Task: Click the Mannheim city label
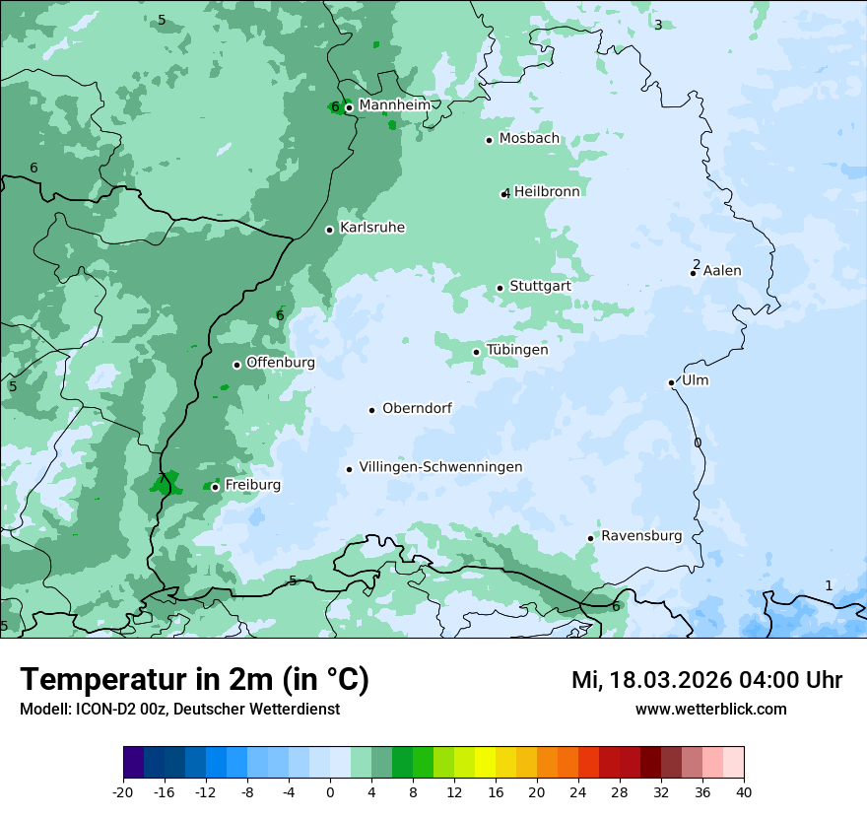395,105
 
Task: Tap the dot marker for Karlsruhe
330,230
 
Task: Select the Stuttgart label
540,286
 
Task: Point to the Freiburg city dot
215,487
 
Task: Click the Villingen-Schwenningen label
440,467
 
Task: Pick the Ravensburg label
641,536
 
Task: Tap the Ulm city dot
672,382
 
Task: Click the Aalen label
722,271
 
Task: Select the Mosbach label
529,139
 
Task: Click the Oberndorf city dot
372,410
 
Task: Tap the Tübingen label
517,350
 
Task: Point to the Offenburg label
281,363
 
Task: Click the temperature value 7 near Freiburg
162,480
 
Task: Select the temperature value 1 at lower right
829,585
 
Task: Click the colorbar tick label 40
744,791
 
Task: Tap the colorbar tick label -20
123,791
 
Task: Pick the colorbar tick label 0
330,791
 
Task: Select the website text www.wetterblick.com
711,709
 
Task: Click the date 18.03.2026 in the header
669,680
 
